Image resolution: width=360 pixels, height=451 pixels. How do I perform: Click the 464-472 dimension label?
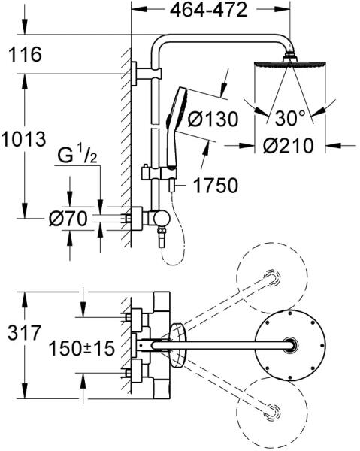click(x=208, y=10)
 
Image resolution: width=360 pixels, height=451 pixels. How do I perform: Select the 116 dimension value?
click(x=25, y=54)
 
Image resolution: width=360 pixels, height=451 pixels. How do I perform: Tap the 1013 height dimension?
click(x=23, y=139)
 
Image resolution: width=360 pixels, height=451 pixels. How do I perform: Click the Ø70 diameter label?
click(x=68, y=219)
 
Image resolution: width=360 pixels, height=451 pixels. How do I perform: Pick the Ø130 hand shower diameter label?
click(x=213, y=119)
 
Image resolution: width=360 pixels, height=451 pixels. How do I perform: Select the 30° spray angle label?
click(x=290, y=118)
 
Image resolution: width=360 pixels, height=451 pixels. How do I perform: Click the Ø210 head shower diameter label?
click(x=288, y=146)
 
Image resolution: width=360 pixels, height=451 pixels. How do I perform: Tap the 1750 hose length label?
click(x=216, y=186)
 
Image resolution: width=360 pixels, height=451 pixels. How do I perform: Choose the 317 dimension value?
click(x=25, y=333)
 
